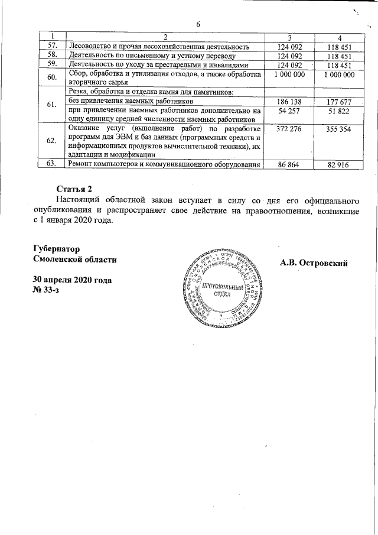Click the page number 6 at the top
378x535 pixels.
coord(198,24)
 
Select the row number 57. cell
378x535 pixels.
coord(52,46)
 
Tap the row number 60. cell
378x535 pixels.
coord(52,78)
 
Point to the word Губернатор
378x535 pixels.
coord(57,249)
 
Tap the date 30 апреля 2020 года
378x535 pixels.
coord(73,279)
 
